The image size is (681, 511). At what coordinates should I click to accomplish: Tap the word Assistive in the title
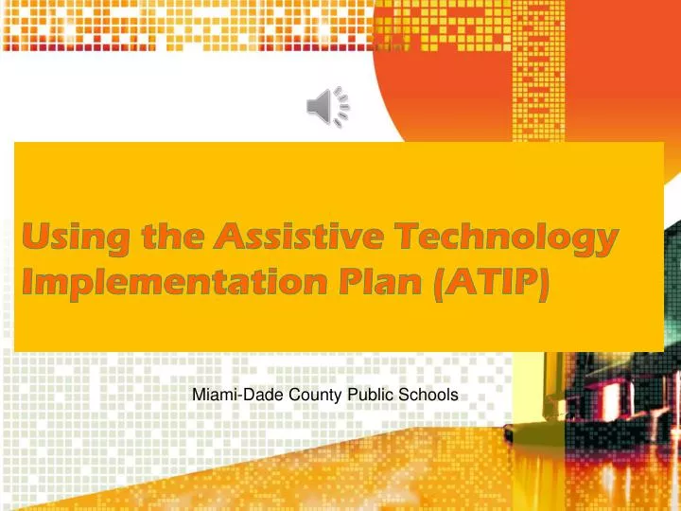[287, 238]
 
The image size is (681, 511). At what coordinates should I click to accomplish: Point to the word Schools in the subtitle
[430, 396]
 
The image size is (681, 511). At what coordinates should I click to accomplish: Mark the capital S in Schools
[408, 396]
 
